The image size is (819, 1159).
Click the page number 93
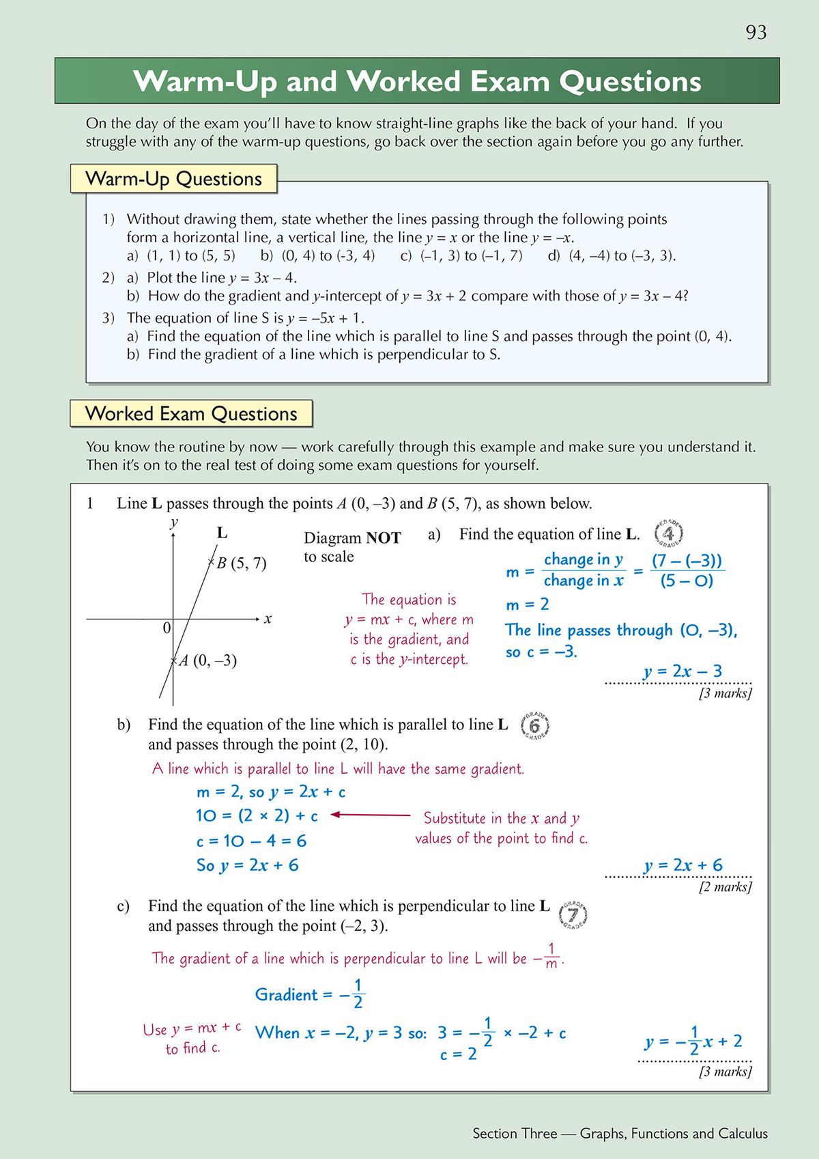(756, 33)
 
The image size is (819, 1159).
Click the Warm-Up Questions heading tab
(173, 179)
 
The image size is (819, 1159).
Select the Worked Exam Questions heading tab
(191, 414)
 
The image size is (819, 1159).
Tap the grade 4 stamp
(668, 533)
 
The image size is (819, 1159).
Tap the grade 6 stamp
(534, 725)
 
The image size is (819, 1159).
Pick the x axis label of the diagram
(268, 619)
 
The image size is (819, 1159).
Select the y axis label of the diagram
(174, 522)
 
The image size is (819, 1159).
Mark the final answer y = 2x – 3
(682, 671)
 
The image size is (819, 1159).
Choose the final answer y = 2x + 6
(682, 865)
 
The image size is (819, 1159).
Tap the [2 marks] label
(725, 886)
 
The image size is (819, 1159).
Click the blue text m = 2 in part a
(528, 604)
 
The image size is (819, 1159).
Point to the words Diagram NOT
(352, 538)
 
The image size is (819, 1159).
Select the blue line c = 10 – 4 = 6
(251, 841)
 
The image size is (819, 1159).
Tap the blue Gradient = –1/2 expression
(310, 994)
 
